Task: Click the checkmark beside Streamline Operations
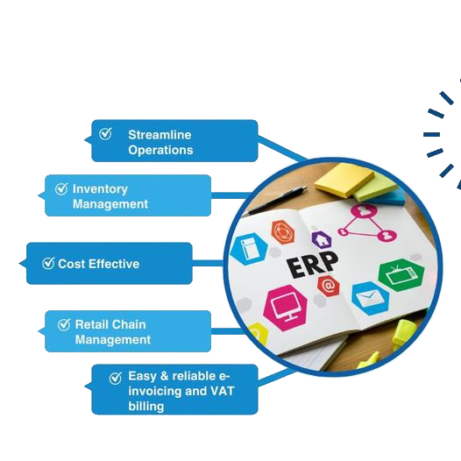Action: (x=105, y=134)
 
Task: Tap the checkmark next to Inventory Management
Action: (x=61, y=188)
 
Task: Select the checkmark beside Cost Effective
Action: (x=48, y=263)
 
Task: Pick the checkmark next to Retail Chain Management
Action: (x=64, y=324)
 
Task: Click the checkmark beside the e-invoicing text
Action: (x=116, y=378)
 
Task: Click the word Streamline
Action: (x=160, y=135)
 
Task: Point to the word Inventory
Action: (x=100, y=189)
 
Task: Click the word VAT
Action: (x=223, y=391)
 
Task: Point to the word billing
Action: (x=146, y=407)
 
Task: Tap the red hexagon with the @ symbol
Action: (x=329, y=285)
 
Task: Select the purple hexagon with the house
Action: (x=322, y=240)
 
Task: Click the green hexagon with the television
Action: (x=401, y=275)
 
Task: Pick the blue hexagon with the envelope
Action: (x=370, y=298)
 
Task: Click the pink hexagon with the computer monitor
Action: (x=285, y=308)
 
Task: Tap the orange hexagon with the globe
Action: (x=283, y=232)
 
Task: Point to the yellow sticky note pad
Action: (x=344, y=180)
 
